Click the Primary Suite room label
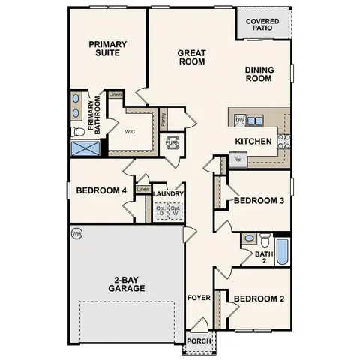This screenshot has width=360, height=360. click(x=108, y=49)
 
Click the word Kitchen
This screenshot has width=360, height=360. click(x=253, y=141)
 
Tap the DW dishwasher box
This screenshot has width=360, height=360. click(x=240, y=120)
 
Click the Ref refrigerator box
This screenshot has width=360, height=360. click(x=238, y=160)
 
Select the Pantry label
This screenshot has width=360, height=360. click(x=163, y=118)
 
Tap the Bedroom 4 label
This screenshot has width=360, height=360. click(x=101, y=190)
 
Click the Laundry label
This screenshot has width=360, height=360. click(x=168, y=193)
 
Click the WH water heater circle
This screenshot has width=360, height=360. click(x=76, y=234)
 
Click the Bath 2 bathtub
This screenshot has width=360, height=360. click(x=283, y=251)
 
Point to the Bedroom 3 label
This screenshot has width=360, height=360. click(x=259, y=201)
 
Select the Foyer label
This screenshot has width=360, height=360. click(x=199, y=298)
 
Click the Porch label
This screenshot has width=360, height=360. click(x=199, y=340)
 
